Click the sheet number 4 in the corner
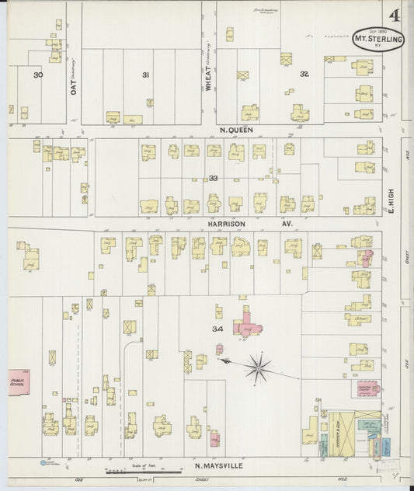[x=395, y=16]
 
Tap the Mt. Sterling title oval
[x=378, y=40]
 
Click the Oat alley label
[x=74, y=83]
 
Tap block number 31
[x=144, y=75]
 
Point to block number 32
[x=304, y=75]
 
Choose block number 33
[x=213, y=178]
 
